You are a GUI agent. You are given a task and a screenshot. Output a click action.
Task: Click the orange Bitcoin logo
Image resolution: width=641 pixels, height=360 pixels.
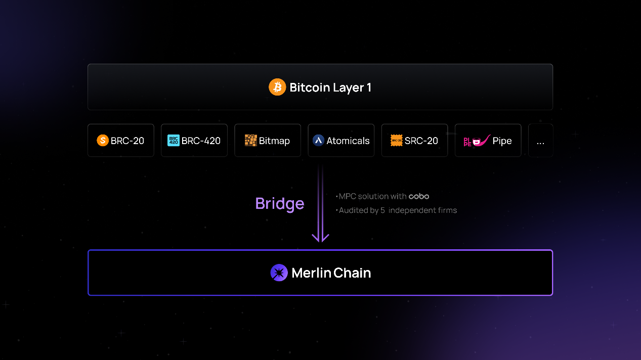[x=277, y=87]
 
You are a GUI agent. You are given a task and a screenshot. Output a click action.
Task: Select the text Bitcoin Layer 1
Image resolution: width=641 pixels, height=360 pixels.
[x=330, y=87]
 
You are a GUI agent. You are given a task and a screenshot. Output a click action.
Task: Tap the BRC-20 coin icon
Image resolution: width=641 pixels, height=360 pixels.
[x=103, y=141]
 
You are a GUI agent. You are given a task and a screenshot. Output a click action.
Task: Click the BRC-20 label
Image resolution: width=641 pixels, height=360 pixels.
[x=127, y=141]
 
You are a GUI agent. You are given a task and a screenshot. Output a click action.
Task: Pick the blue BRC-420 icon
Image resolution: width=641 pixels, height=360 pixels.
[x=174, y=141]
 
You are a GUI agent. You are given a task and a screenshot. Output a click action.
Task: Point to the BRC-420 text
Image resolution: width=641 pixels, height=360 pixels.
[x=201, y=141]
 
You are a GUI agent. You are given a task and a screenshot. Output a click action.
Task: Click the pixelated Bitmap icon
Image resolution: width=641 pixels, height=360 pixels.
[x=250, y=141]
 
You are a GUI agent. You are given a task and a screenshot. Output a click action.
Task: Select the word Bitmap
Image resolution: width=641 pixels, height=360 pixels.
[x=274, y=141]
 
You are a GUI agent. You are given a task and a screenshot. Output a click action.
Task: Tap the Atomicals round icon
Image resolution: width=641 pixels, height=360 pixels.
[x=318, y=141]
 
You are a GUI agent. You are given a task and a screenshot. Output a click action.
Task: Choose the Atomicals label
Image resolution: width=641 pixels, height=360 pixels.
[x=348, y=141]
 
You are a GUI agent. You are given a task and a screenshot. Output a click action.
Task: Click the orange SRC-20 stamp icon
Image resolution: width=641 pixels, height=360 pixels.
[x=397, y=141]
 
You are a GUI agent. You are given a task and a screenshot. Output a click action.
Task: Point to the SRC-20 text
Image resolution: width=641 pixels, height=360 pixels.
[x=421, y=141]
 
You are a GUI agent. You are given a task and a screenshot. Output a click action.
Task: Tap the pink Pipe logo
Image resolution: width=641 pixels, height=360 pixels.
[x=476, y=140]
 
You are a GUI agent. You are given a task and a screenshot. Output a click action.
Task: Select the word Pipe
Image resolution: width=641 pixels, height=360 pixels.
[x=502, y=141]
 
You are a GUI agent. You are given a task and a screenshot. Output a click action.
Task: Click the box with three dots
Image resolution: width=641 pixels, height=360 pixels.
[x=540, y=141]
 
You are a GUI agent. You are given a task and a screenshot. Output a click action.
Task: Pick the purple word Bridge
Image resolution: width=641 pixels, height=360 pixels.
[x=280, y=203]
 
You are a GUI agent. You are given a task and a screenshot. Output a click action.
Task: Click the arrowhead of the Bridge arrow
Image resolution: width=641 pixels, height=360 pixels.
[x=321, y=238]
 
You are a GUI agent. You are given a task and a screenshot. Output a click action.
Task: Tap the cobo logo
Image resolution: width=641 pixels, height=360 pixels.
[x=419, y=196]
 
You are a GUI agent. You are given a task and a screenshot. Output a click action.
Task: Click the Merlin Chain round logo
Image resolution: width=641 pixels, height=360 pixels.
[x=279, y=273]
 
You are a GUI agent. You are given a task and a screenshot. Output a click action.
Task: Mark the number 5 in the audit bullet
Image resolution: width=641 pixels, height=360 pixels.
[x=383, y=210]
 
